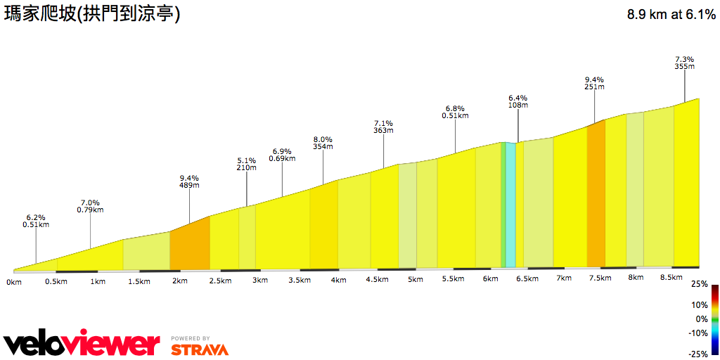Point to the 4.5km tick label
click(x=377, y=280)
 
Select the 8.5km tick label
click(x=671, y=278)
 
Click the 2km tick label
click(x=180, y=281)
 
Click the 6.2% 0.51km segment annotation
click(x=35, y=221)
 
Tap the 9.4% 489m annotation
click(x=189, y=181)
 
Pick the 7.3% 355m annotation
click(x=684, y=63)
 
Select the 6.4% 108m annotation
click(x=518, y=101)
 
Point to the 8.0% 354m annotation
click(x=323, y=143)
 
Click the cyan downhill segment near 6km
click(x=510, y=204)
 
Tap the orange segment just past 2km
click(x=190, y=246)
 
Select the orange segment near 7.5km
click(x=596, y=197)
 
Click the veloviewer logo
click(x=82, y=344)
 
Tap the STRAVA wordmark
click(x=200, y=349)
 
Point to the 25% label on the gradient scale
click(x=699, y=284)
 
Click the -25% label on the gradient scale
click(x=697, y=354)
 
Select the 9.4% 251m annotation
click(x=594, y=83)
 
